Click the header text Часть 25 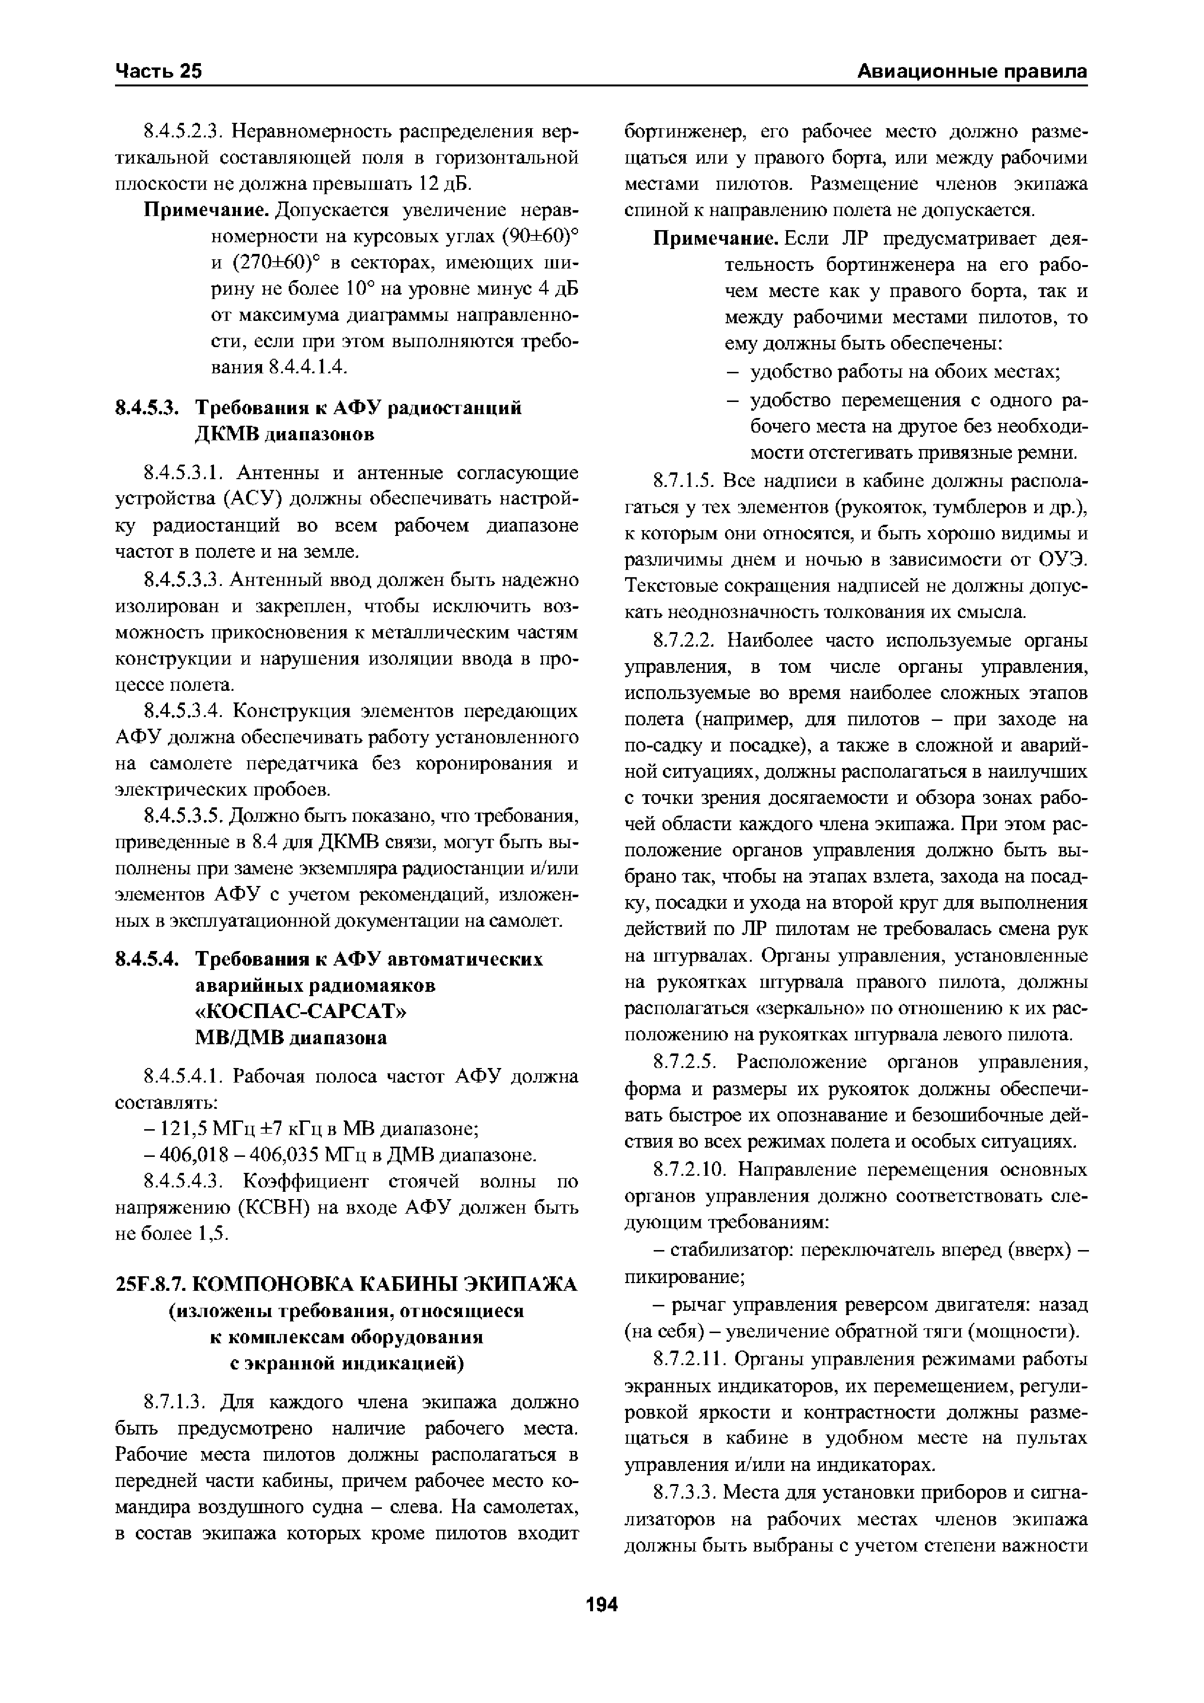click(x=159, y=71)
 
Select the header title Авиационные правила click(x=972, y=71)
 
